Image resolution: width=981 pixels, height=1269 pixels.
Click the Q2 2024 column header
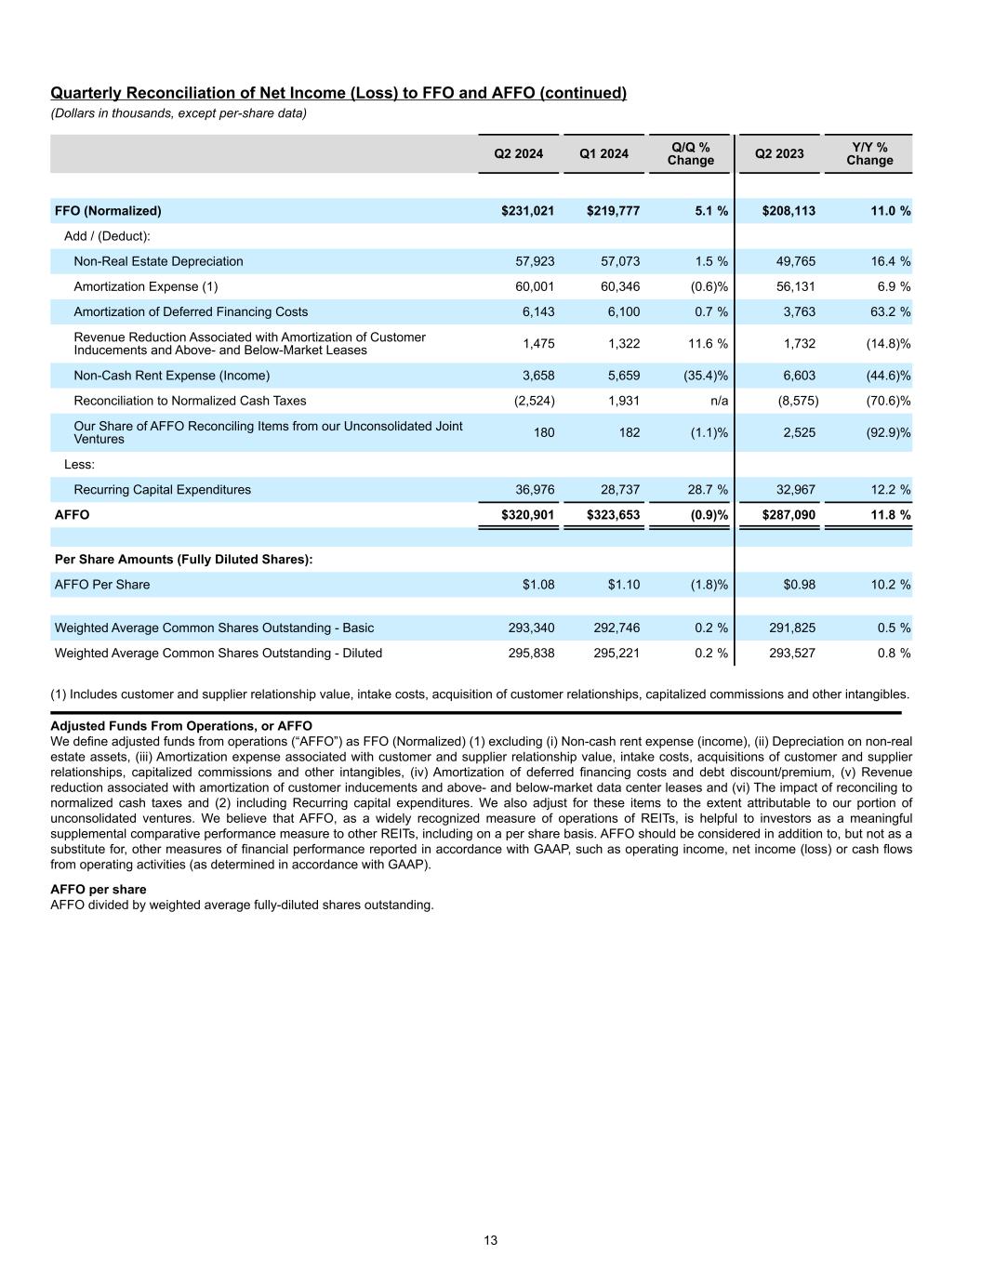click(518, 153)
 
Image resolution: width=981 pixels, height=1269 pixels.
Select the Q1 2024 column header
click(603, 153)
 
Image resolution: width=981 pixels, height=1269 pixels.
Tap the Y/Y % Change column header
click(869, 153)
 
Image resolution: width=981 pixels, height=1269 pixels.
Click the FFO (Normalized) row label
click(108, 211)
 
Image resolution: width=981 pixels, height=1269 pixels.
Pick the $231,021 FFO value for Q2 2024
click(527, 211)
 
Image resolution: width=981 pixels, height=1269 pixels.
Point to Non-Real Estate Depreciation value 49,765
click(796, 261)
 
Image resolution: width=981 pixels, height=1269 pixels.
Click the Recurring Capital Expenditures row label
click(162, 490)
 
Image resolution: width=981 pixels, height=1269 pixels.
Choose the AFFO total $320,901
click(527, 515)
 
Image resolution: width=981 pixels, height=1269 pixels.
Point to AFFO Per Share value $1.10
click(623, 585)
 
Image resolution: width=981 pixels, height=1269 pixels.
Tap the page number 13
click(490, 1240)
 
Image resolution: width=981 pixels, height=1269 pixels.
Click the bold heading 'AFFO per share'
click(98, 890)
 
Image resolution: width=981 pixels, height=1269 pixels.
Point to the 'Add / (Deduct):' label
click(107, 236)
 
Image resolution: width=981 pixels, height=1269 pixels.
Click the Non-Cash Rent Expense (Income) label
click(171, 376)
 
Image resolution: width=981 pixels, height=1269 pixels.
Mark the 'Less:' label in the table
click(80, 464)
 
